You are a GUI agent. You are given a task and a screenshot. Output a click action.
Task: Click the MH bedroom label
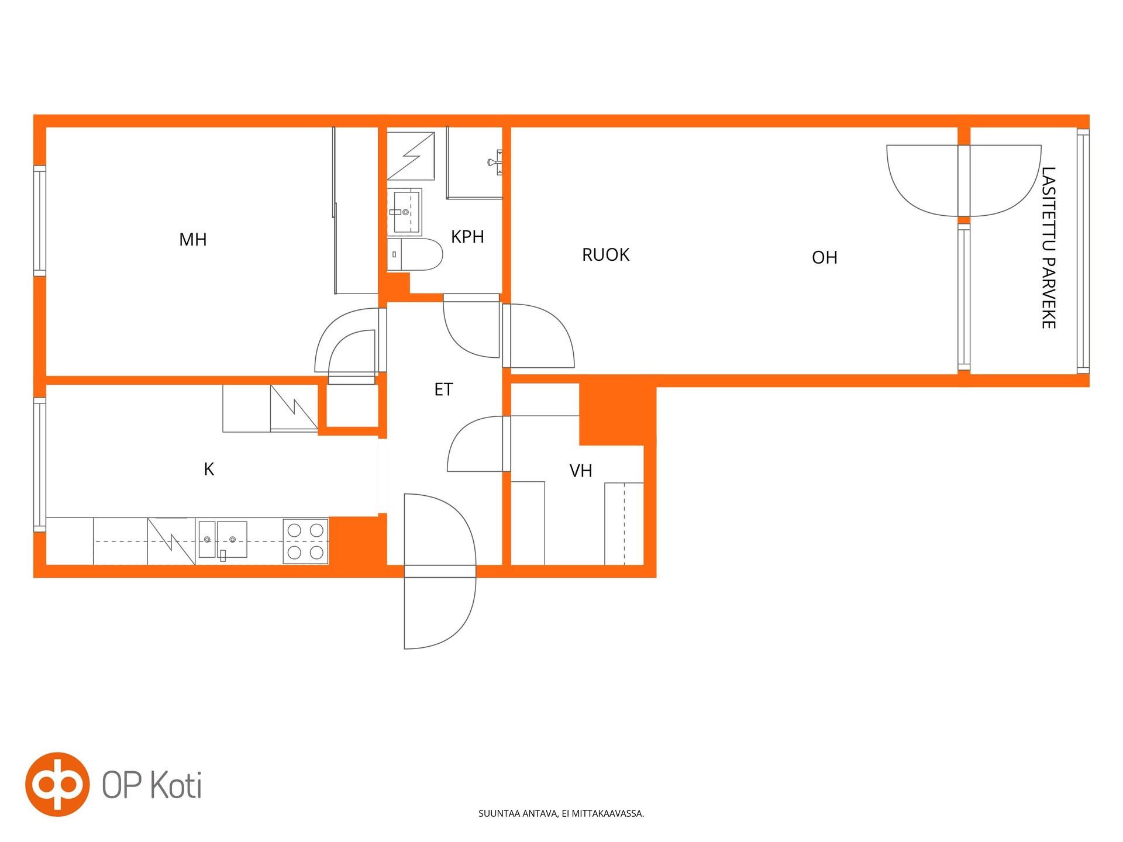pyautogui.click(x=193, y=239)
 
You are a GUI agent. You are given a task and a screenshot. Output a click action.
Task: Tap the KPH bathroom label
pyautogui.click(x=467, y=236)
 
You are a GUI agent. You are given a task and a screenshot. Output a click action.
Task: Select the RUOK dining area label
pyautogui.click(x=605, y=254)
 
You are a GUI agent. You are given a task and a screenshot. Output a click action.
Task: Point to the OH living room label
pyautogui.click(x=825, y=257)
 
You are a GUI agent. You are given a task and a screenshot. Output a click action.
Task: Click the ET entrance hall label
pyautogui.click(x=443, y=389)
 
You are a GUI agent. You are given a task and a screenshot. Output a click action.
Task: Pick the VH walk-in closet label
pyautogui.click(x=581, y=471)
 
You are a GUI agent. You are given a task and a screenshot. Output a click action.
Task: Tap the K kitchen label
pyautogui.click(x=209, y=469)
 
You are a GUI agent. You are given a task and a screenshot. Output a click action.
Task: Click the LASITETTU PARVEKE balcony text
pyautogui.click(x=1048, y=248)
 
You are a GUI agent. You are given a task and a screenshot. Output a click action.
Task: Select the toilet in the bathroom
pyautogui.click(x=414, y=254)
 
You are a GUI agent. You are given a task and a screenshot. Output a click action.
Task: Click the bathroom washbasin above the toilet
pyautogui.click(x=404, y=212)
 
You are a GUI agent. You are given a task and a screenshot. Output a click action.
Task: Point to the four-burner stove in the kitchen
pyautogui.click(x=305, y=541)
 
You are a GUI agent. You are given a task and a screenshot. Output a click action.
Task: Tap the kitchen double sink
pyautogui.click(x=223, y=540)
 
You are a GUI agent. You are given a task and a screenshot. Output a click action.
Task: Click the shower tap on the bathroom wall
pyautogui.click(x=497, y=161)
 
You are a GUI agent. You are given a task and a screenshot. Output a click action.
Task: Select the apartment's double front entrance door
pyautogui.click(x=439, y=571)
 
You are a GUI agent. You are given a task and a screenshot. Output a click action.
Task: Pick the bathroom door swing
pyautogui.click(x=471, y=326)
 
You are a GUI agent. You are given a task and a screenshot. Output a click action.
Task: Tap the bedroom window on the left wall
pyautogui.click(x=39, y=220)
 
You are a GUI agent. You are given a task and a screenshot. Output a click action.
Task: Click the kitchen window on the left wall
pyautogui.click(x=39, y=465)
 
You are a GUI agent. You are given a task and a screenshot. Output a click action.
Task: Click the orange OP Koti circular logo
pyautogui.click(x=57, y=784)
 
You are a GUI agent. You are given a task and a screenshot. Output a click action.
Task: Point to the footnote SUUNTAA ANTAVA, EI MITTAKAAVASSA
pyautogui.click(x=561, y=813)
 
